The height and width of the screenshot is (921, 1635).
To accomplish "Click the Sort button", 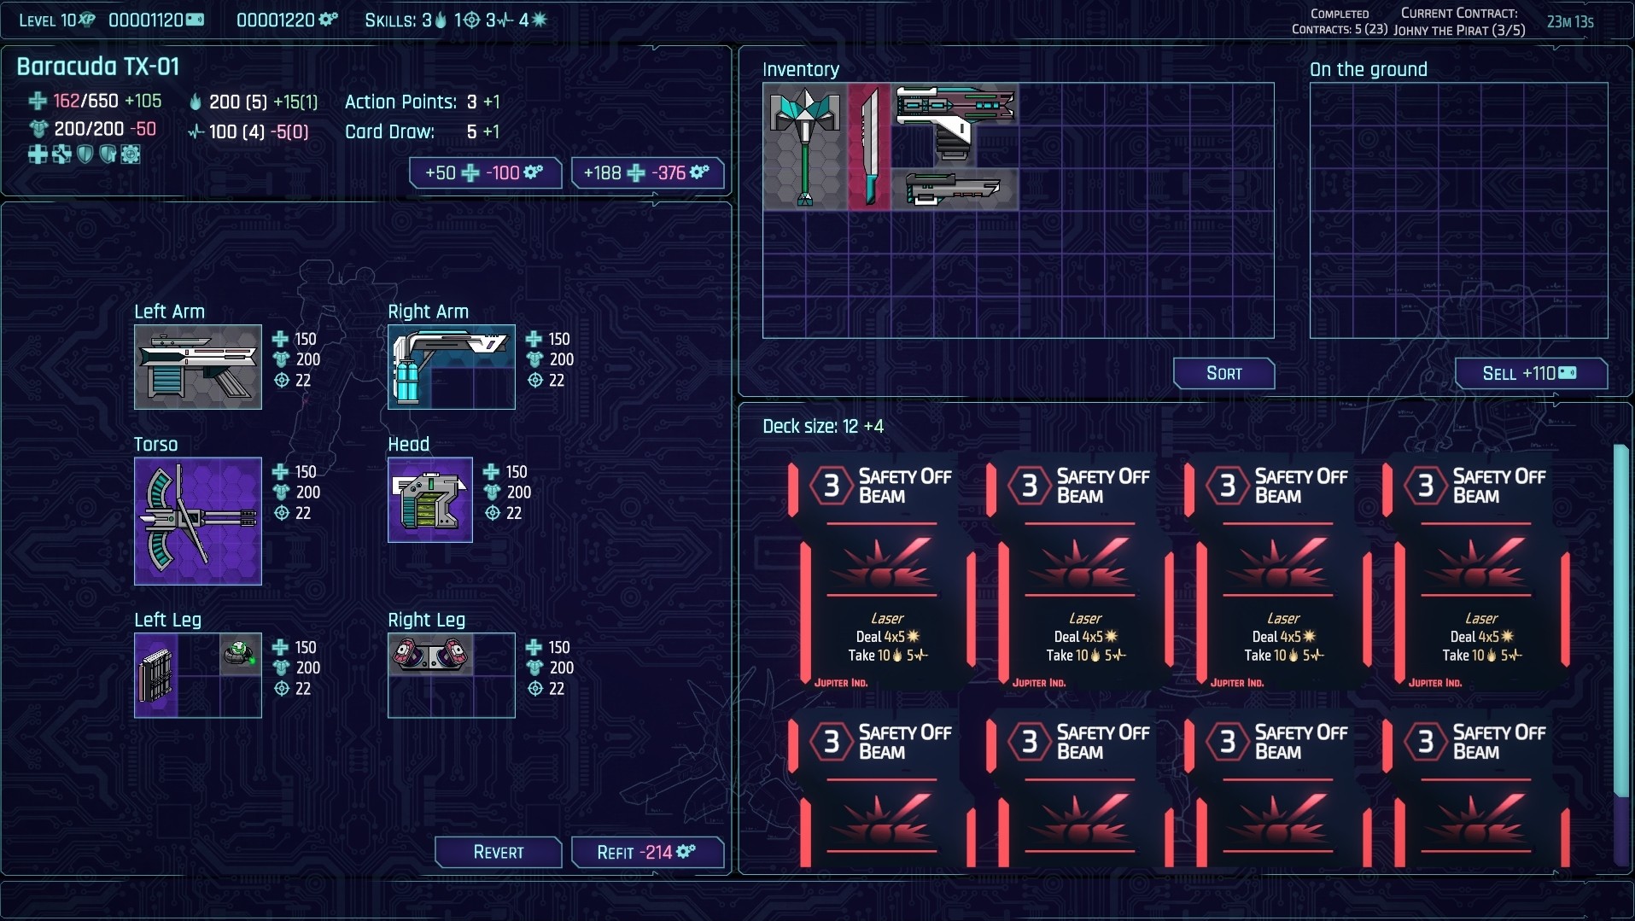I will [x=1223, y=373].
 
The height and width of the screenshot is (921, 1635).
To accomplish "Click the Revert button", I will [x=499, y=852].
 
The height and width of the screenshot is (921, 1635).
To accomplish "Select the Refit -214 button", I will [x=647, y=852].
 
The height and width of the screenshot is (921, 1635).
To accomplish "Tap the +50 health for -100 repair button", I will [x=485, y=172].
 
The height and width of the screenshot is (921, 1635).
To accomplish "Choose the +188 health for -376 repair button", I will [x=647, y=172].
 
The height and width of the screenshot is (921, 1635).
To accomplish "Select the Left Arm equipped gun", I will [x=197, y=367].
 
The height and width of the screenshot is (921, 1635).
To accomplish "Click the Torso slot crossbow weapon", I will [x=197, y=521].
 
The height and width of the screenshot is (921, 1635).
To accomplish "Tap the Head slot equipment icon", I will [x=429, y=500].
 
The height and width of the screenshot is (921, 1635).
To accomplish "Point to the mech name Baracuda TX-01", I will [x=98, y=67].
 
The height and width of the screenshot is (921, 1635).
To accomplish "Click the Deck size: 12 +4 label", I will [x=822, y=426].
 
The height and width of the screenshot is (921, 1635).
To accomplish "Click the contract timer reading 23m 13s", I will [x=1569, y=22].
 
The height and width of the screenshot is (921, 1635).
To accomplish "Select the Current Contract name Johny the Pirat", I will [x=1458, y=31].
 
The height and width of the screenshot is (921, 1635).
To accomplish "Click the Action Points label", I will [x=400, y=102].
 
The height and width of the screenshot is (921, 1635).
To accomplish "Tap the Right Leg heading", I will [x=426, y=620].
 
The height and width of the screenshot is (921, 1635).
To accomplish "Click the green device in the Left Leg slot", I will [x=240, y=654].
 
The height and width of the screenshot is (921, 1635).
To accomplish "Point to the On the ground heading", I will [x=1368, y=70].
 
